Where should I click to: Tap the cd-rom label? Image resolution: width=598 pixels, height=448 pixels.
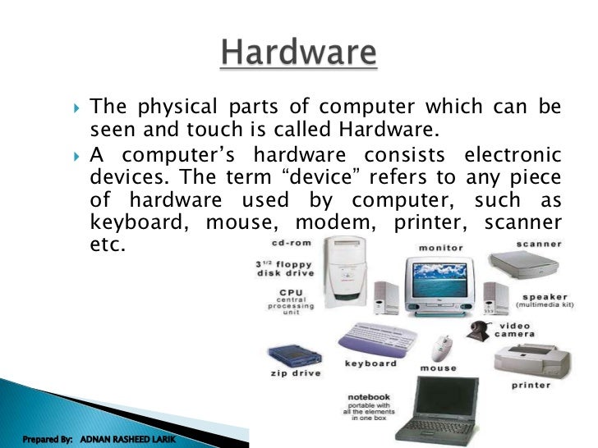pyautogui.click(x=292, y=245)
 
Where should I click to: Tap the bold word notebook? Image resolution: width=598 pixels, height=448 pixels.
pyautogui.click(x=369, y=397)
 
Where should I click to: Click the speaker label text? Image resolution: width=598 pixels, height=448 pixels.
pyautogui.click(x=543, y=298)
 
